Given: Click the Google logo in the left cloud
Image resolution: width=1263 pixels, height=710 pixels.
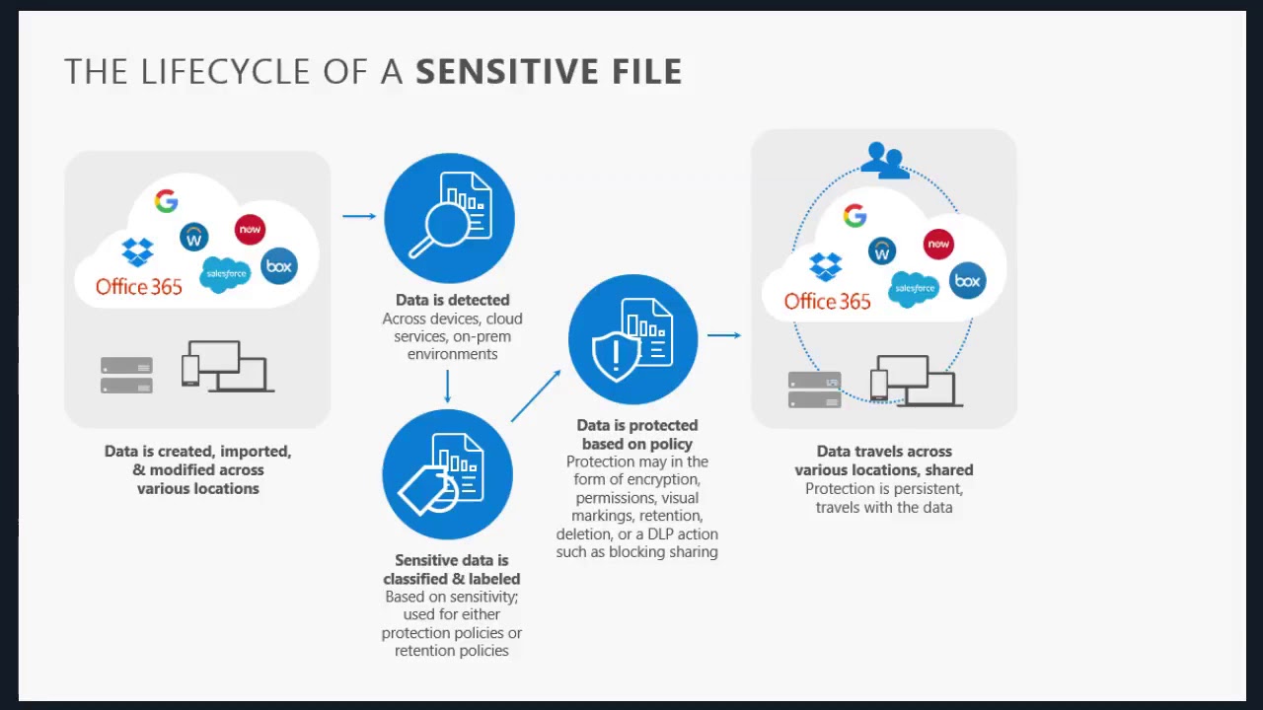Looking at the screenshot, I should (x=166, y=201).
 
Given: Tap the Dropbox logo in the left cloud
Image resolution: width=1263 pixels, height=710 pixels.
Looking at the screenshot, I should (x=137, y=251).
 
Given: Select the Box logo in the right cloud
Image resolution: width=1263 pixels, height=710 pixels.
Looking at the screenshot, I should (x=968, y=281).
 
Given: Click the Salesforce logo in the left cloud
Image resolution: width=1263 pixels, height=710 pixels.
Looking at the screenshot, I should (x=225, y=273).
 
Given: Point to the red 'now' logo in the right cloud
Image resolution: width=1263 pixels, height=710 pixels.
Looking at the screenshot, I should (x=938, y=244).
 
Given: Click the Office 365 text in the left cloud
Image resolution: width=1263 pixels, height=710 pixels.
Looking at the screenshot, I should (x=139, y=287).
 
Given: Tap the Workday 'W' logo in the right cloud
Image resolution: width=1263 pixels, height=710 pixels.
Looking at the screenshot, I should (x=882, y=251).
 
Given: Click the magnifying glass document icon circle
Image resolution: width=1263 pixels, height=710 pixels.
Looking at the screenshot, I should (x=449, y=218).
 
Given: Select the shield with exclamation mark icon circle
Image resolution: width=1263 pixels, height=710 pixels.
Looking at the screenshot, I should (x=633, y=339).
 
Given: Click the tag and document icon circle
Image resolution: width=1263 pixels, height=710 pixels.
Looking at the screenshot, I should (x=447, y=474).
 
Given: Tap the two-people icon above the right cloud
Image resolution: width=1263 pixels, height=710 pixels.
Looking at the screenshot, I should (x=884, y=160).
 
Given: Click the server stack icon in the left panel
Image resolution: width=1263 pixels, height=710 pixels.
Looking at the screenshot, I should (x=126, y=376).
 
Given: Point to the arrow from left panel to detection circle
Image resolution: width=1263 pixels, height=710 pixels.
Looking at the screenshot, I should (x=359, y=215).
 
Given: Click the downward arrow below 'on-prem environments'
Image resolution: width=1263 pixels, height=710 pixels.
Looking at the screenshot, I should (x=448, y=387).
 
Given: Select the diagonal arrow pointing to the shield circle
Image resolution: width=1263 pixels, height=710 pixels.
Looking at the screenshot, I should (x=536, y=395).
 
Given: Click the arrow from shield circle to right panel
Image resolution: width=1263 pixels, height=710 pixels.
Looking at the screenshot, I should (x=723, y=335).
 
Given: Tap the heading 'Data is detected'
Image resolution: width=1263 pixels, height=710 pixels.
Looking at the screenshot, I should (x=453, y=300).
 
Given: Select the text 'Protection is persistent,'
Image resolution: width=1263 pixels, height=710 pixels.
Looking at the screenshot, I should (x=884, y=489).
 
